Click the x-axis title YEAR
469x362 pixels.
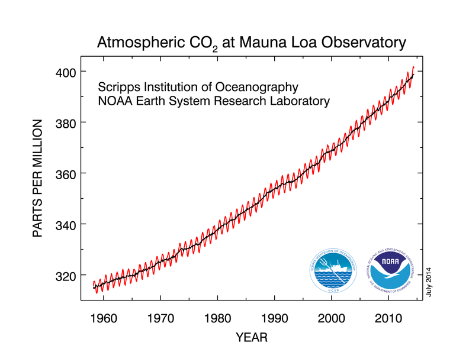tap(251, 338)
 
